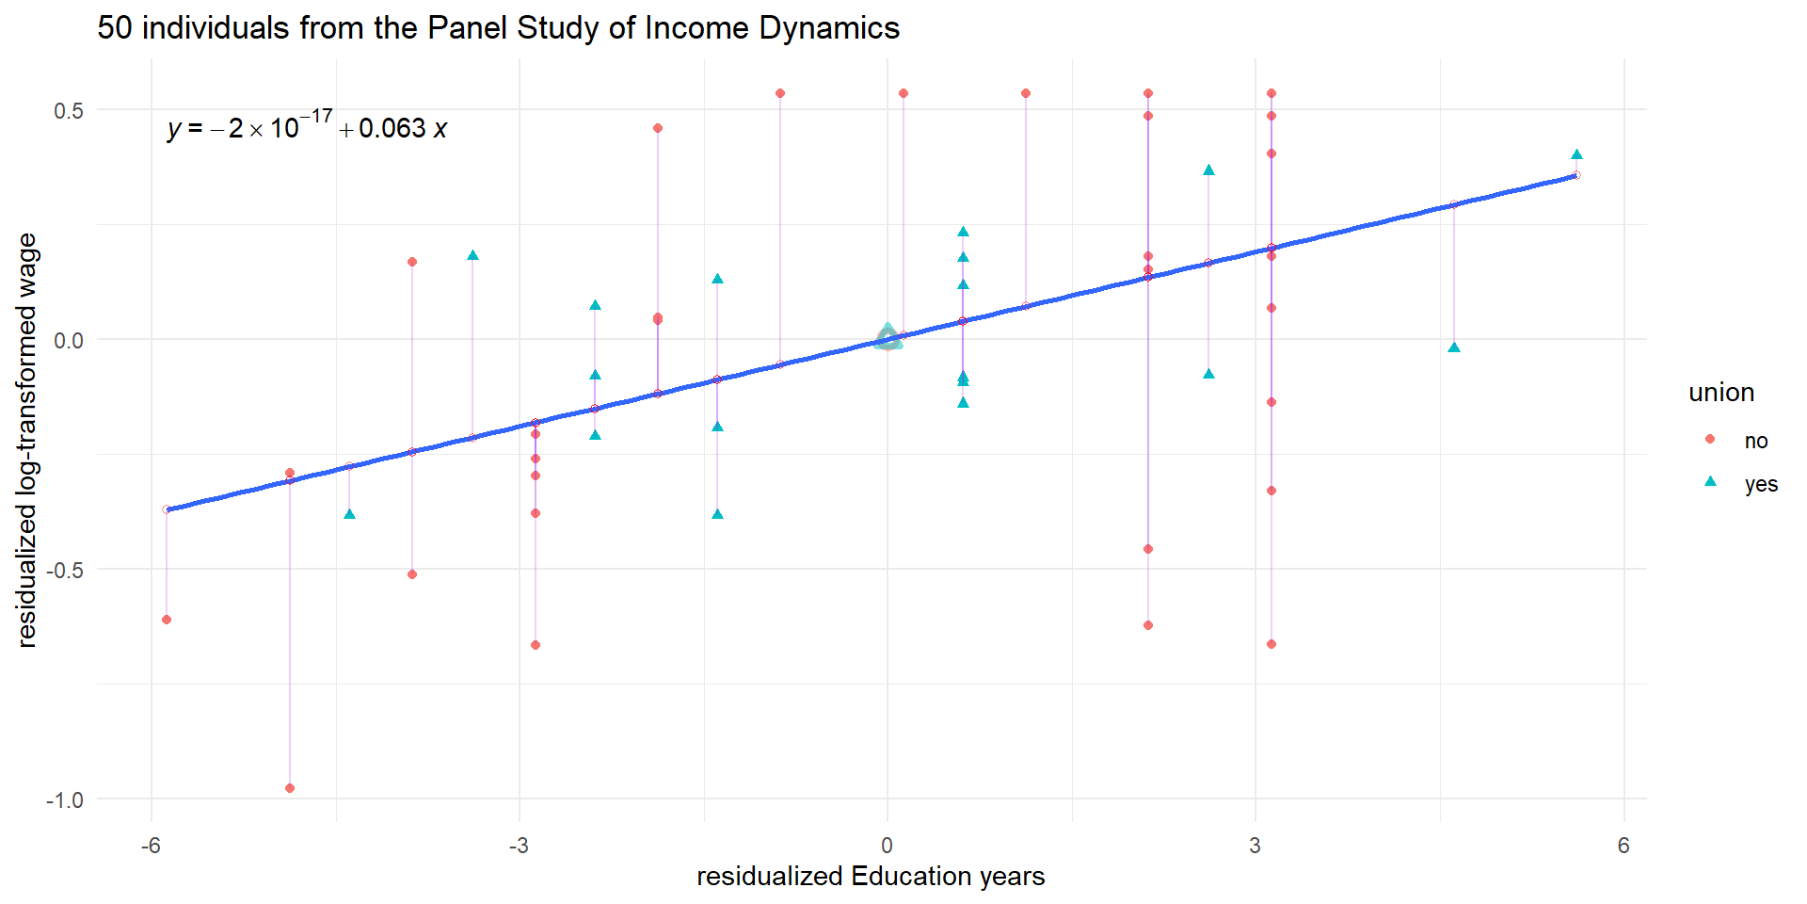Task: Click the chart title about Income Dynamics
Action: tap(498, 28)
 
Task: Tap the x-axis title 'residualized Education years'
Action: tap(871, 877)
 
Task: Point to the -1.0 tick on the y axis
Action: tap(65, 799)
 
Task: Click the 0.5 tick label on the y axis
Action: tap(69, 110)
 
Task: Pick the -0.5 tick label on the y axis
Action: tap(65, 570)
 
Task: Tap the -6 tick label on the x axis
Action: tap(151, 846)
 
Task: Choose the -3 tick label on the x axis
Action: tap(519, 846)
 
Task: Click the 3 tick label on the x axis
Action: tap(1255, 846)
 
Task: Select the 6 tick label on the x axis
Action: tap(1623, 846)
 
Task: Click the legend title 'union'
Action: tap(1721, 393)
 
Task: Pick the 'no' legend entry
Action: tap(1755, 441)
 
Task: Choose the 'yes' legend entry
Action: tap(1760, 484)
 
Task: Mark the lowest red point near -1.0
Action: tap(290, 788)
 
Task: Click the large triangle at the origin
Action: tap(888, 337)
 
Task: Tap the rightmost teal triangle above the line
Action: tap(1576, 155)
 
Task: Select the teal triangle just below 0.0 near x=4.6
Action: tap(1454, 347)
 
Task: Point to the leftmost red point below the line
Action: tap(167, 620)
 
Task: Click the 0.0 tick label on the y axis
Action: tap(69, 340)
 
